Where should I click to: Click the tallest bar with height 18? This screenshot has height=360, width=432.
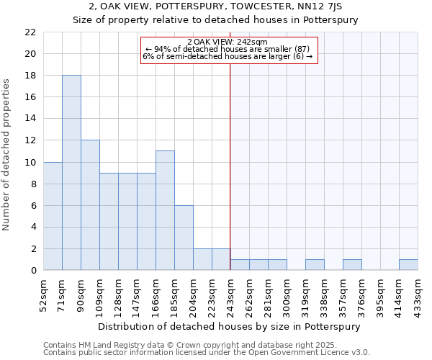pyautogui.click(x=71, y=173)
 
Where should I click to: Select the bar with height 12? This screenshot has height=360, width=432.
pyautogui.click(x=90, y=205)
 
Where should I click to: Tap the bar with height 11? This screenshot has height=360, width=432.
pyautogui.click(x=165, y=210)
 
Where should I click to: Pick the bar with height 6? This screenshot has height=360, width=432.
pyautogui.click(x=184, y=238)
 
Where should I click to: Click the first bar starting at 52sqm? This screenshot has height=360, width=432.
pyautogui.click(x=53, y=216)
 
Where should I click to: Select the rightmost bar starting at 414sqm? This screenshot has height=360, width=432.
pyautogui.click(x=408, y=265)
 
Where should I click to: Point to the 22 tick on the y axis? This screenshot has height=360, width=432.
pyautogui.click(x=30, y=32)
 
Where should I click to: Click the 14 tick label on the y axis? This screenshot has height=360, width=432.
pyautogui.click(x=30, y=119)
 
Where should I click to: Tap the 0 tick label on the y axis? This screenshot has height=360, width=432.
pyautogui.click(x=33, y=270)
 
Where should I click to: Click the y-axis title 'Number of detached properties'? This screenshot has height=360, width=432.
pyautogui.click(x=7, y=155)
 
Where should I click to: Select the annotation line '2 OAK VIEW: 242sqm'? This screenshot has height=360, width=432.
pyautogui.click(x=227, y=42)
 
